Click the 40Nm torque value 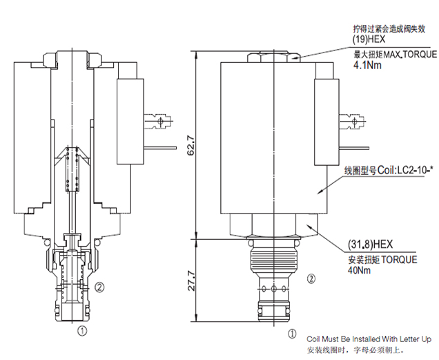click(359, 272)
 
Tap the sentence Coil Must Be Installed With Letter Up click(369, 339)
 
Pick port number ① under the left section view click(82, 331)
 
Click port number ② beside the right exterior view click(311, 279)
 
